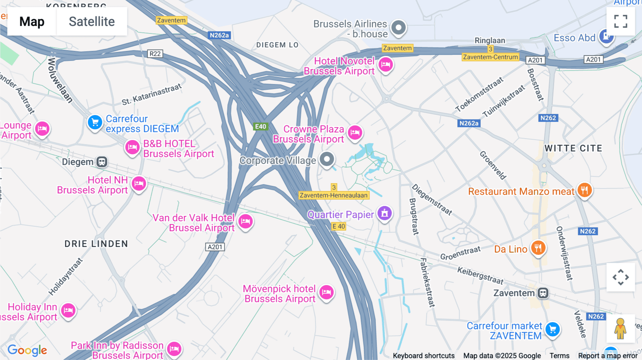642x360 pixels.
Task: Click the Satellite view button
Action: point(92,21)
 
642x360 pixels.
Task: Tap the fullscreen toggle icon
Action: point(621,21)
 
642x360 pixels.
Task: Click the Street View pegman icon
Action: point(620,328)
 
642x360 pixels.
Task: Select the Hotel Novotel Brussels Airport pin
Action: point(386,65)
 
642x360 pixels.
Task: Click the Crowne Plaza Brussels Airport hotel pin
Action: point(355,133)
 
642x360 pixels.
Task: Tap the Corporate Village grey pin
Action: point(327,159)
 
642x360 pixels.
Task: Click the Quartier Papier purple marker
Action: point(384,213)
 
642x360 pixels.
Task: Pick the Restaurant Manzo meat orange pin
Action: point(584,190)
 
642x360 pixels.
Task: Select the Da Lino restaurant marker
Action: point(538,248)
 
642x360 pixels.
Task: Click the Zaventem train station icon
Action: point(543,293)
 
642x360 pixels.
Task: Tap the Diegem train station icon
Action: point(102,162)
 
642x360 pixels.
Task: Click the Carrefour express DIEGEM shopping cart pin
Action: point(95,123)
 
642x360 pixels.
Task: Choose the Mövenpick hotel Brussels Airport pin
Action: point(326,293)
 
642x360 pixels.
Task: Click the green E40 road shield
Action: point(260,127)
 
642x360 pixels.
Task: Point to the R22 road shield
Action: point(155,54)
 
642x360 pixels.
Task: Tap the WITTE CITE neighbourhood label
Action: point(573,148)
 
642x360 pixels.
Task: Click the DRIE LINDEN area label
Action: point(96,244)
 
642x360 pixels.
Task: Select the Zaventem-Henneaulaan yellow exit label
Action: point(333,195)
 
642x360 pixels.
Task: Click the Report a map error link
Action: point(608,355)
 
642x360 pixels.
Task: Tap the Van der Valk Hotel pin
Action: point(245,221)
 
